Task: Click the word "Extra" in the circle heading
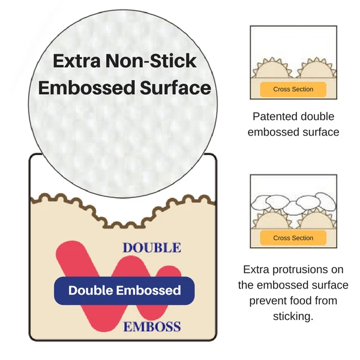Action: click(x=77, y=61)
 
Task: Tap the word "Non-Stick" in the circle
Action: click(x=151, y=61)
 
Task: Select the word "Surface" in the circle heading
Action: click(x=175, y=88)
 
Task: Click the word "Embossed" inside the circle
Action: click(x=86, y=88)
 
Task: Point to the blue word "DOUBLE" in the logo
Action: click(x=152, y=248)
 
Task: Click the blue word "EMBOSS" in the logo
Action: click(x=152, y=327)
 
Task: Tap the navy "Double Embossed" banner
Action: click(x=124, y=290)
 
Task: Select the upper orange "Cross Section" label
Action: click(x=293, y=89)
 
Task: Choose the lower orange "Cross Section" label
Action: click(x=293, y=238)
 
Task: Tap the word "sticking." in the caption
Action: click(x=293, y=317)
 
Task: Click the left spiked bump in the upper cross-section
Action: click(x=272, y=68)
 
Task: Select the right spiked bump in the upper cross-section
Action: click(x=317, y=68)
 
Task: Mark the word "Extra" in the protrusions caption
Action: click(x=256, y=269)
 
